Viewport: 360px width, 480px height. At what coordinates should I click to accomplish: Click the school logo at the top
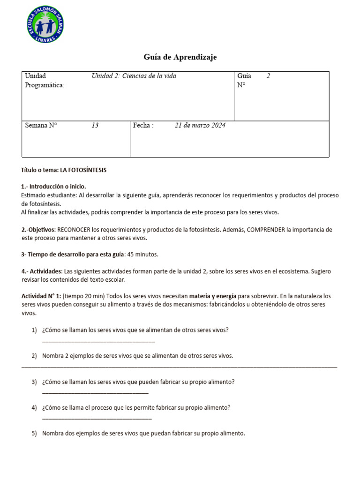pyautogui.click(x=46, y=24)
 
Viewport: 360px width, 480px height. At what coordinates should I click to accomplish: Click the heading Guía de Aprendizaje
pyautogui.click(x=180, y=57)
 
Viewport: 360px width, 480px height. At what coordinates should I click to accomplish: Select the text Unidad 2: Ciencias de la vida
pyautogui.click(x=134, y=76)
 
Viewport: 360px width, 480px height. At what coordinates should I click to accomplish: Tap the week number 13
pyautogui.click(x=95, y=126)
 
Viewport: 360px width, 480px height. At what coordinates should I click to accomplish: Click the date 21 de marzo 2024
pyautogui.click(x=200, y=126)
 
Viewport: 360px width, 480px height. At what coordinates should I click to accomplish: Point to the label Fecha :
pyautogui.click(x=143, y=126)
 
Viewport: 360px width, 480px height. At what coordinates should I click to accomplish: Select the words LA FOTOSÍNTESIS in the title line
pyautogui.click(x=83, y=170)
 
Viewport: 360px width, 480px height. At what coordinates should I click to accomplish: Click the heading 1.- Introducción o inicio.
pyautogui.click(x=53, y=187)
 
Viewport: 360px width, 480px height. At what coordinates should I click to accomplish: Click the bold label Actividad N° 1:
pyautogui.click(x=41, y=296)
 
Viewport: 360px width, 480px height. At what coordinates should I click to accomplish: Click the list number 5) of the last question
pyautogui.click(x=34, y=434)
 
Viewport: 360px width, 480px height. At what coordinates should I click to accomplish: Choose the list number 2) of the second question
pyautogui.click(x=34, y=356)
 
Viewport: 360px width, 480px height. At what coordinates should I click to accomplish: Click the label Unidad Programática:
pyautogui.click(x=45, y=81)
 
